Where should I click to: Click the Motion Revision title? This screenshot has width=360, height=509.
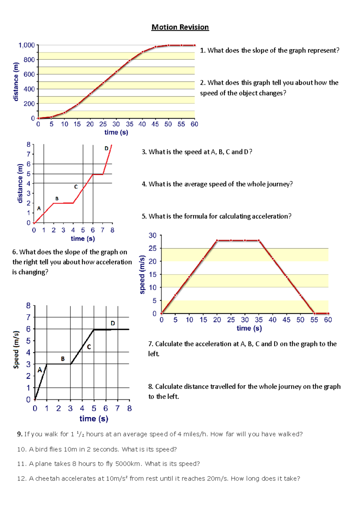(x=180, y=27)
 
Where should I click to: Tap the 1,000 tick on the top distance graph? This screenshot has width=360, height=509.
(x=27, y=45)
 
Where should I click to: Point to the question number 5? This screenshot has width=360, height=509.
(x=144, y=216)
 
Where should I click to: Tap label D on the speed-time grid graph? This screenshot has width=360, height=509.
(x=113, y=323)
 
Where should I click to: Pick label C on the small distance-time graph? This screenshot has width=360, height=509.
(x=76, y=187)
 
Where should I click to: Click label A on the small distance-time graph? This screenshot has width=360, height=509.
(x=39, y=208)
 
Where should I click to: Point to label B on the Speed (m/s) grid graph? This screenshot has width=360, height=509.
(x=63, y=359)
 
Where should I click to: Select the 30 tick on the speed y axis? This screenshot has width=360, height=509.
(x=153, y=236)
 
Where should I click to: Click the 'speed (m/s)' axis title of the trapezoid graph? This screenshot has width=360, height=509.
(x=142, y=275)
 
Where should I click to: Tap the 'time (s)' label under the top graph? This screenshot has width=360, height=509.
(x=116, y=132)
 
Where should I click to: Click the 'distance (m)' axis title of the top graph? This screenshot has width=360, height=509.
(x=16, y=82)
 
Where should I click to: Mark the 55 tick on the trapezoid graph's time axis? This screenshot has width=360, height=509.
(x=314, y=320)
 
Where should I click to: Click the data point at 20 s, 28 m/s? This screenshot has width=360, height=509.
(x=217, y=240)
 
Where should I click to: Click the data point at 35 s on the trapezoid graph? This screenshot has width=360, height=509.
(x=259, y=240)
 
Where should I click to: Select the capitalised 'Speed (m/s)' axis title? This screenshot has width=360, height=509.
(x=16, y=350)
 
